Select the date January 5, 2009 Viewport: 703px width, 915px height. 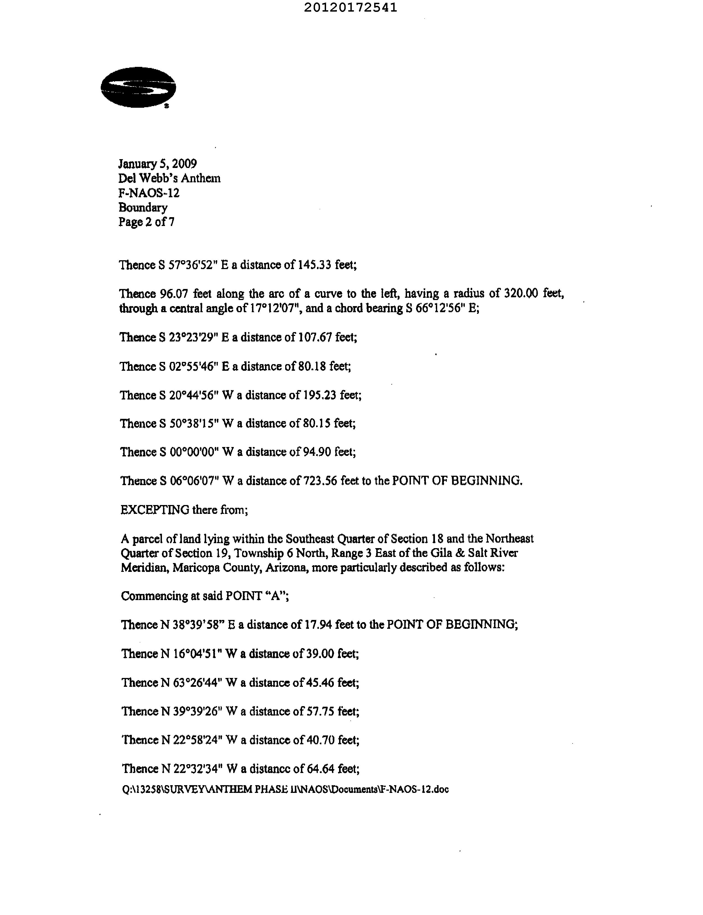coord(157,164)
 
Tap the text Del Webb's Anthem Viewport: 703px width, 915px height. coord(169,178)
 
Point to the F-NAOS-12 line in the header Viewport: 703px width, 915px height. coord(149,193)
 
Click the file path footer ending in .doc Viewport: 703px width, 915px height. coord(285,790)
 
